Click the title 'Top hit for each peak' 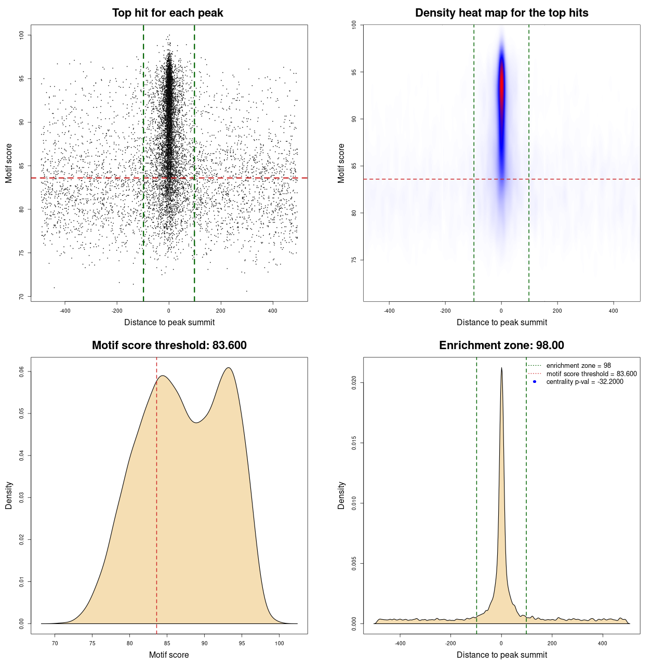(x=167, y=13)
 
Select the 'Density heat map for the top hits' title (x=501, y=13)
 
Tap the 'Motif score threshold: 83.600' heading (x=169, y=345)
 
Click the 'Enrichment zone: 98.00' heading (x=501, y=345)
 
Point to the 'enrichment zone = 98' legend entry (x=578, y=366)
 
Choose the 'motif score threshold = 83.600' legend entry (x=591, y=374)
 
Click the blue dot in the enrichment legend (x=535, y=382)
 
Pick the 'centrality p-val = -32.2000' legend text (x=584, y=382)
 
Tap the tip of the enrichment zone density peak (x=501, y=368)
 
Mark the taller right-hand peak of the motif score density (x=228, y=368)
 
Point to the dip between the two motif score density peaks (x=196, y=422)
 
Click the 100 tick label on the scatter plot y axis (x=21, y=35)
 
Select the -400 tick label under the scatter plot (x=65, y=311)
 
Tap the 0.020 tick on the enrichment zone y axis (x=354, y=383)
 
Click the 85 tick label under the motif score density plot (x=167, y=643)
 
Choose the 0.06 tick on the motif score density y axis (x=21, y=371)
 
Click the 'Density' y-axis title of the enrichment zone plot (x=341, y=495)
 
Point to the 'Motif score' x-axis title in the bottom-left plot (x=169, y=655)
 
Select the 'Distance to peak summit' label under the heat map (x=501, y=322)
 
